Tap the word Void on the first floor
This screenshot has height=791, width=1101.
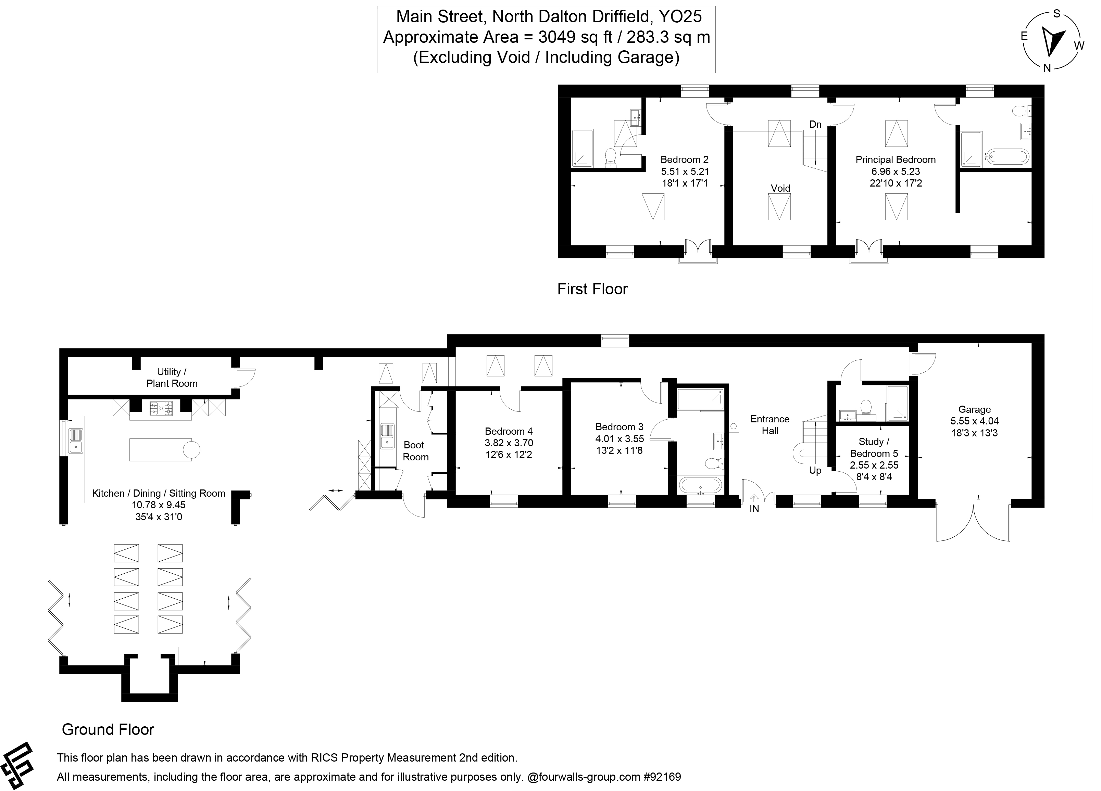pos(780,188)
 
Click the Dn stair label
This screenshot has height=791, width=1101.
pos(815,125)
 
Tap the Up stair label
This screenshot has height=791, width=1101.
pos(815,471)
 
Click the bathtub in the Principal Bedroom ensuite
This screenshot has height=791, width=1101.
pos(1006,157)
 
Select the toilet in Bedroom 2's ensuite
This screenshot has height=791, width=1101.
pos(611,157)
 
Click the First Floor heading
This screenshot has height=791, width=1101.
pos(592,289)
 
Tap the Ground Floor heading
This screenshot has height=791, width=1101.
pos(108,729)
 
